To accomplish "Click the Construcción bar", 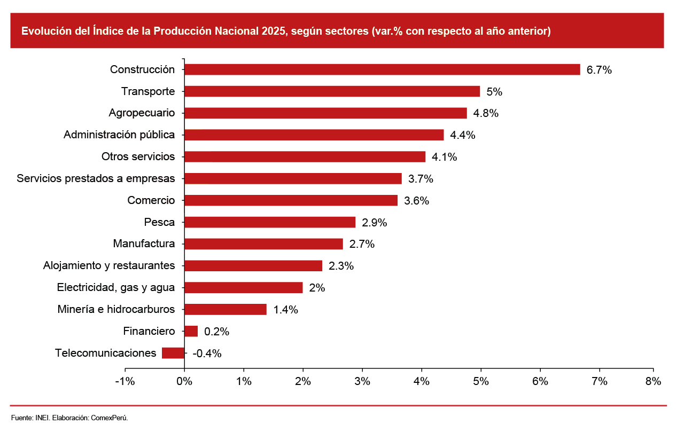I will coord(382,69).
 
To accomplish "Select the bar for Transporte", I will coord(332,91).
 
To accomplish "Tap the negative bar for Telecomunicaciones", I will coord(173,353).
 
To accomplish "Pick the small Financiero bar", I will coord(191,331).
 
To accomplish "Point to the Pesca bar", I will coord(270,222).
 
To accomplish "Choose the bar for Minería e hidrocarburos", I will coord(225,309).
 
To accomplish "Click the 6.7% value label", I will coord(599,70).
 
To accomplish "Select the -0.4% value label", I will coord(207,354).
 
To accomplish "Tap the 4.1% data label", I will coord(445,157).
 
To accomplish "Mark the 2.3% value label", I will coord(341,266).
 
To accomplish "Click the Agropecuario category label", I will coord(142,113).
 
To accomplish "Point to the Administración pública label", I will coord(119,135).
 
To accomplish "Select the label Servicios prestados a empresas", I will coord(96,178).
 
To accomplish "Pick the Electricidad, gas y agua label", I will coord(116,287).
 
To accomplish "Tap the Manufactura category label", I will coord(144,244).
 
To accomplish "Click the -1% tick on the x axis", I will coord(125,382).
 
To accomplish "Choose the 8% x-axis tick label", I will coord(653,382).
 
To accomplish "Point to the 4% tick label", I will coord(422,382).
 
